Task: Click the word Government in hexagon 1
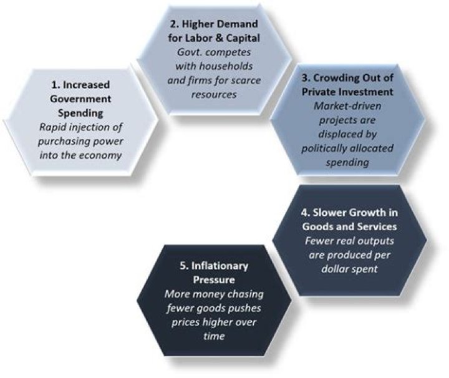(80, 99)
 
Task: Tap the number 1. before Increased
(56, 85)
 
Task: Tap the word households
(226, 66)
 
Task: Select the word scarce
(246, 80)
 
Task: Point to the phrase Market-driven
(347, 106)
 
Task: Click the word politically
(324, 148)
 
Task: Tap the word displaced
(338, 134)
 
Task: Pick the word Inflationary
(220, 266)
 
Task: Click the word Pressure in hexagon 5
(214, 280)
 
